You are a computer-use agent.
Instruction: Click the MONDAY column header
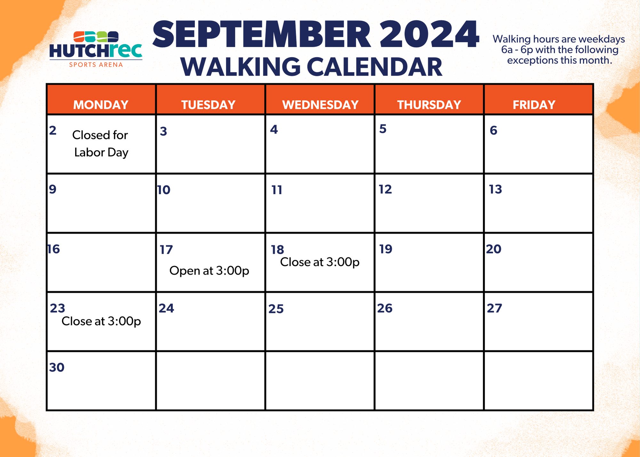click(x=101, y=105)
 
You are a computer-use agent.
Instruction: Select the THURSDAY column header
click(x=429, y=105)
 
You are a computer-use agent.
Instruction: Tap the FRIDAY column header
click(x=534, y=105)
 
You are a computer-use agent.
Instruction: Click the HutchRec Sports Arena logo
click(x=96, y=49)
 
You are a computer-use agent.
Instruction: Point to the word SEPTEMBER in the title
click(x=261, y=35)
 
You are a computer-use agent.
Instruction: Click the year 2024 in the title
click(x=429, y=35)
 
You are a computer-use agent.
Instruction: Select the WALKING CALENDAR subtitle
click(x=311, y=67)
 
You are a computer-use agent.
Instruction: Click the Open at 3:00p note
click(x=209, y=271)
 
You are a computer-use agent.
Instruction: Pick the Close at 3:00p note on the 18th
click(x=320, y=262)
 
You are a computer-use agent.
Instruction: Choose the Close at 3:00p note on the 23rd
click(x=101, y=321)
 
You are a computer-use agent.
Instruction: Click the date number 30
click(x=57, y=367)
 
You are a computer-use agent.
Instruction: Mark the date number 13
click(x=495, y=189)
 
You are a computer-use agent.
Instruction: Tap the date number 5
click(x=383, y=129)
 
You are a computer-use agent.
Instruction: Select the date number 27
click(x=494, y=308)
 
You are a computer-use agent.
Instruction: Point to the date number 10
click(x=164, y=190)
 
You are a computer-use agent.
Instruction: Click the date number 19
click(x=386, y=249)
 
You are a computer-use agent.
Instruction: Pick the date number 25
click(x=276, y=309)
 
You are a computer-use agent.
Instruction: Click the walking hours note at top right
click(x=559, y=50)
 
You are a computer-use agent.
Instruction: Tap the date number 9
click(x=52, y=189)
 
